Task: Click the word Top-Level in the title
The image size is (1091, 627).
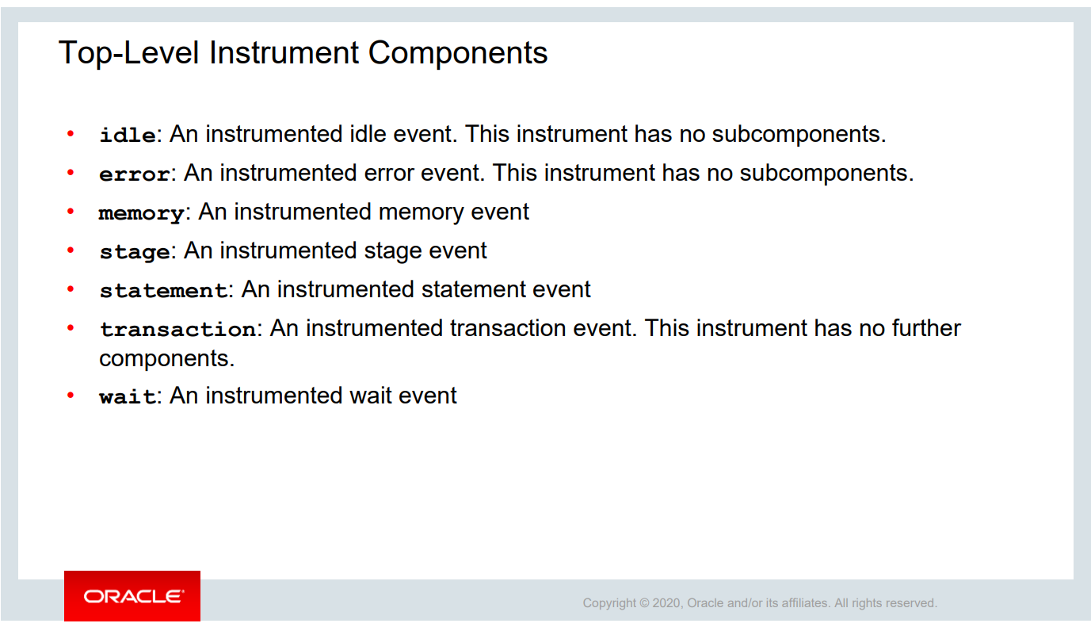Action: [129, 52]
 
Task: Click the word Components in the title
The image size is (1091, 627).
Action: [458, 52]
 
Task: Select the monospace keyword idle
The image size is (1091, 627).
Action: [128, 135]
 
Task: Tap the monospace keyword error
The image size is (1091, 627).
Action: [135, 174]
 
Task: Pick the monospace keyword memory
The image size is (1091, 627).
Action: [142, 213]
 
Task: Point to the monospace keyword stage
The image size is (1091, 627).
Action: [135, 252]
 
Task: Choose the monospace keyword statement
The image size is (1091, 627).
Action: [164, 290]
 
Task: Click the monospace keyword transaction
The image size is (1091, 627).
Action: [177, 329]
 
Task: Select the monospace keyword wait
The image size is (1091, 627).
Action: [128, 396]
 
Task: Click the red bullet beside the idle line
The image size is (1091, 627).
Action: [71, 133]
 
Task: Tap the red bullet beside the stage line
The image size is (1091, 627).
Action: [71, 250]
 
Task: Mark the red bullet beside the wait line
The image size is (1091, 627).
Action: [71, 395]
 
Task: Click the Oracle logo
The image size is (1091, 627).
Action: [132, 596]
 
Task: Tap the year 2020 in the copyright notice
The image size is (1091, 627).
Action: [667, 603]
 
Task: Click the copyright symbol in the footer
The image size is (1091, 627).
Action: [644, 603]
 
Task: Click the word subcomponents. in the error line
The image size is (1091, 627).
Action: [826, 174]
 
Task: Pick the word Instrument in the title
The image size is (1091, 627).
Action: [284, 52]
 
